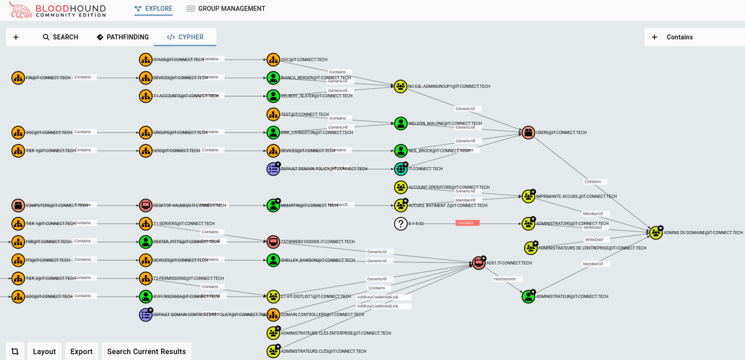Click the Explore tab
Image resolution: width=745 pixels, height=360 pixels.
coord(153,9)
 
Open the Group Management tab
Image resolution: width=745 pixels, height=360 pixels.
coord(226,9)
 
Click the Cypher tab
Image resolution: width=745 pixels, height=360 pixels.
coord(185,37)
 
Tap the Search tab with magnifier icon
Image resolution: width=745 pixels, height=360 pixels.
coord(60,37)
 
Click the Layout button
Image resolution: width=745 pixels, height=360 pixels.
coord(44,351)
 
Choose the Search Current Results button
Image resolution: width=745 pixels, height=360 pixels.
coord(146,351)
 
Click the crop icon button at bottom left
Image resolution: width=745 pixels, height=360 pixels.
coord(15,351)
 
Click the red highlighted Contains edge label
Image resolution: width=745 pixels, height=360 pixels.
coord(467,223)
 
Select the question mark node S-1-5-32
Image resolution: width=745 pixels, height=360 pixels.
coord(401,224)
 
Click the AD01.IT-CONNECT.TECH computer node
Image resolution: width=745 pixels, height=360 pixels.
coord(479,263)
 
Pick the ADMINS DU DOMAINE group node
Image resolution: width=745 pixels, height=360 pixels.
coord(656,233)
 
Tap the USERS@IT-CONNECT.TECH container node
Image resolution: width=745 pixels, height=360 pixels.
coord(528,132)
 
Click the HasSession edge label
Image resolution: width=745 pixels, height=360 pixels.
coord(507,279)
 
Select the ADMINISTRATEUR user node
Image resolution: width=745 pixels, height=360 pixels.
coord(528,296)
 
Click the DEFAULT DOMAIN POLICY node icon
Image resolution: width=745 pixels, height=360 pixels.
coord(274,169)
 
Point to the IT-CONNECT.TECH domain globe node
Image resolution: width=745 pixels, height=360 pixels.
coord(401,169)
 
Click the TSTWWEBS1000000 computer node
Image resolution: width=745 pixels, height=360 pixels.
coord(274,242)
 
